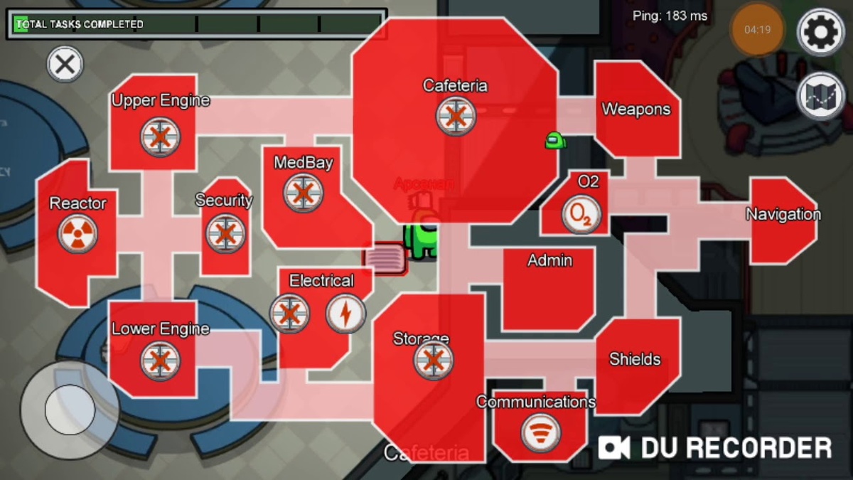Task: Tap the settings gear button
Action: [820, 31]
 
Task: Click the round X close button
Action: [65, 65]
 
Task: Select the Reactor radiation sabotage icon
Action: [77, 233]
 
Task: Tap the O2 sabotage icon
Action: [581, 215]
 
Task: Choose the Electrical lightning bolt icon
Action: [345, 314]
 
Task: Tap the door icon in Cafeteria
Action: [456, 116]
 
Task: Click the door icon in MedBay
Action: [304, 193]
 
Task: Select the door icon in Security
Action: [225, 233]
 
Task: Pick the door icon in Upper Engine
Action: [160, 137]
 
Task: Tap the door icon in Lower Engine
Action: [160, 361]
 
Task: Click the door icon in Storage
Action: [433, 360]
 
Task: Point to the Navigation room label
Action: [783, 214]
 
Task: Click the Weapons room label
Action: [635, 110]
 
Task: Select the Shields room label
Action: [635, 359]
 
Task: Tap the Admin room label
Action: [549, 260]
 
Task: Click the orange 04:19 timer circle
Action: [757, 31]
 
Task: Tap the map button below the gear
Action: [820, 96]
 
